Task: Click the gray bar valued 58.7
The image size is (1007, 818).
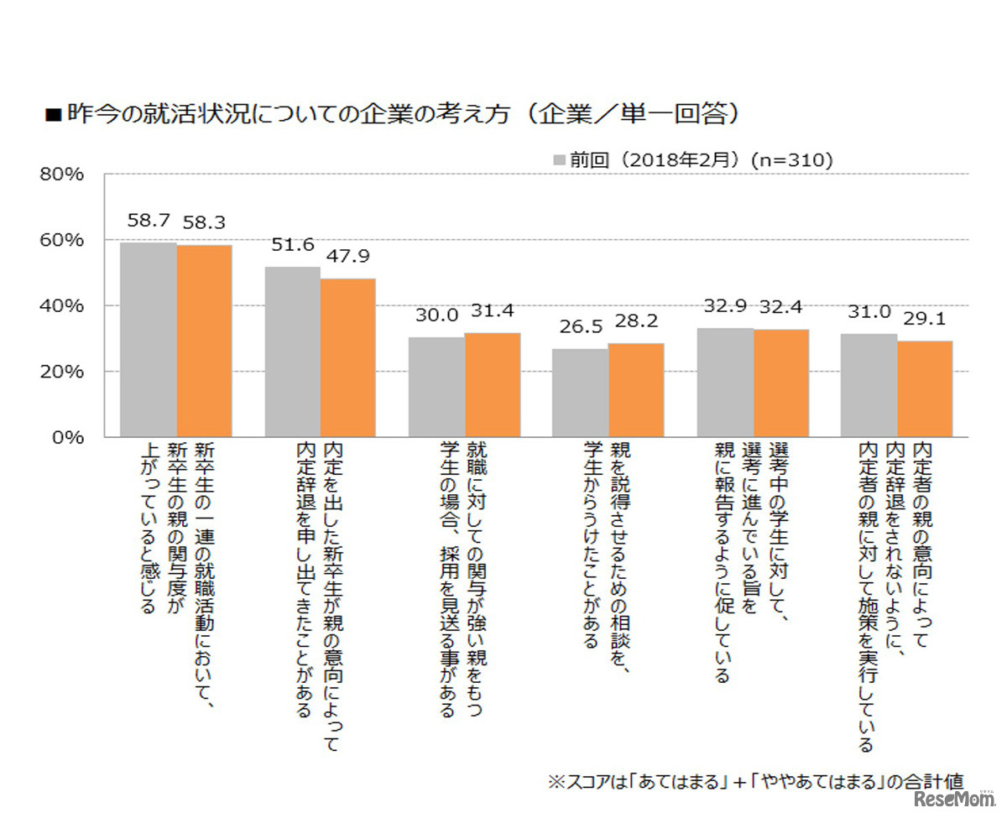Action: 148,340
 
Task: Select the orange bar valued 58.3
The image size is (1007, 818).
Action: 204,341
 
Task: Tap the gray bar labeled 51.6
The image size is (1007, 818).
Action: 292,352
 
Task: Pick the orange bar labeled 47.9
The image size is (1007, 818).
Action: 347,357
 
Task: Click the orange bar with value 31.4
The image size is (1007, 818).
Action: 492,385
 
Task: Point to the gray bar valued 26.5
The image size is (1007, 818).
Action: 580,393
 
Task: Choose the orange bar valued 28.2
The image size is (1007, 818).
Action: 636,390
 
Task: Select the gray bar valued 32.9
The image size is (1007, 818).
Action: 725,383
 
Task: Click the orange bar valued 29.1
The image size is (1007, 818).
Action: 925,388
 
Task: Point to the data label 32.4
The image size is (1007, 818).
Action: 781,307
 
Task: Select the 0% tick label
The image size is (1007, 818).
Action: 67,437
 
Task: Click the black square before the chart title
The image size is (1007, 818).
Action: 53,115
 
